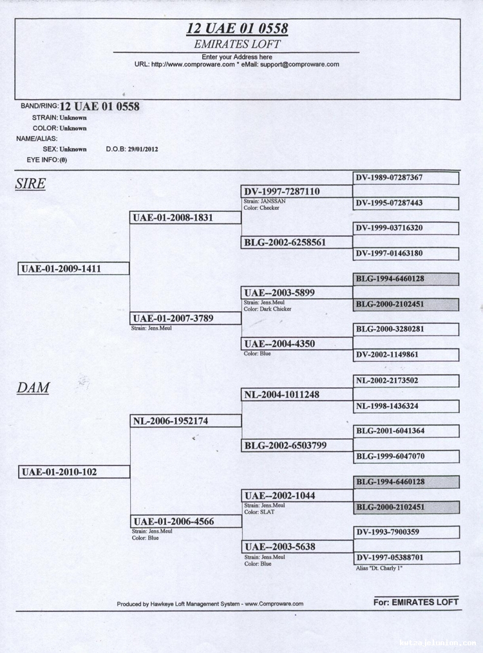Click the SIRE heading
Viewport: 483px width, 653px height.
coord(30,184)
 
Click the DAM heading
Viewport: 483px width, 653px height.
coord(33,388)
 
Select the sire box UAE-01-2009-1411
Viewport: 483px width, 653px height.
coord(73,269)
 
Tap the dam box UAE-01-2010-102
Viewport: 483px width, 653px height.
coord(74,472)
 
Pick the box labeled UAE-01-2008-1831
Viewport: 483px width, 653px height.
coord(185,218)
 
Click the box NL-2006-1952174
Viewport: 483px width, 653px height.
coord(185,421)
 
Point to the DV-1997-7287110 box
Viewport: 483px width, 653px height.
coord(296,191)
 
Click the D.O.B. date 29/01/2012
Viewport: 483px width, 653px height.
coord(143,149)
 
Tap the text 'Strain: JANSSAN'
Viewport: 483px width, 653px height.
coord(265,201)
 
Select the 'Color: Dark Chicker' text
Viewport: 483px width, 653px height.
coord(267,309)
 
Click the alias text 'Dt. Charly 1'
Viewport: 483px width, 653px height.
coord(379,568)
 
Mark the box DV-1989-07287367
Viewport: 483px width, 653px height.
coord(406,178)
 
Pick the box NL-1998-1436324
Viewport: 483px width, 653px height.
coord(406,406)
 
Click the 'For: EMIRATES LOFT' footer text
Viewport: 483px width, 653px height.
coord(415,601)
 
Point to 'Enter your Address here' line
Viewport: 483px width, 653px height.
coord(237,57)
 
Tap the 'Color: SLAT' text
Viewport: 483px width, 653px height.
coord(260,512)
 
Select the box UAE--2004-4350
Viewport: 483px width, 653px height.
coord(296,344)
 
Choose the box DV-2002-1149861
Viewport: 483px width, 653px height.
coord(406,355)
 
